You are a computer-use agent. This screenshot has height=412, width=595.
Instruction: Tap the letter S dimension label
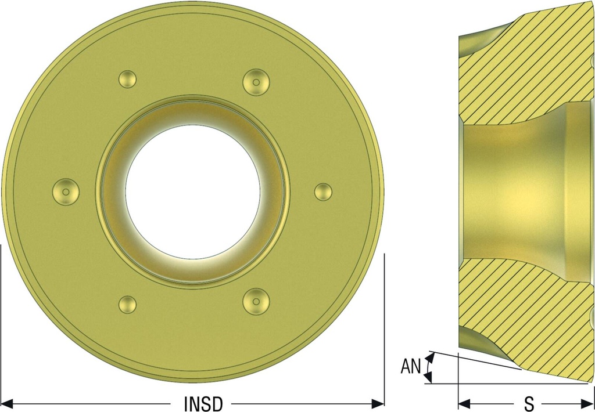click(529, 404)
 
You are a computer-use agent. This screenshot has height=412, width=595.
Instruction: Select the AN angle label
click(411, 367)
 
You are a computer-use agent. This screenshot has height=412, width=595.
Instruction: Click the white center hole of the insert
click(193, 192)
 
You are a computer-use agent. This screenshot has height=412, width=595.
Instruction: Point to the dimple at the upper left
click(127, 79)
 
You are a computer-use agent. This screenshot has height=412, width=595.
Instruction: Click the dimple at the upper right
click(256, 82)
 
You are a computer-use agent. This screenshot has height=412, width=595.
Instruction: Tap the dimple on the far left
click(66, 192)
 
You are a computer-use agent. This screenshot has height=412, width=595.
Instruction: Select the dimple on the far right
click(323, 192)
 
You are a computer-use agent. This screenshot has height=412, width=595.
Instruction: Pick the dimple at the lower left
click(127, 304)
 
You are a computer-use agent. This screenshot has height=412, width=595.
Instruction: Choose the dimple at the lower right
click(256, 301)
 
